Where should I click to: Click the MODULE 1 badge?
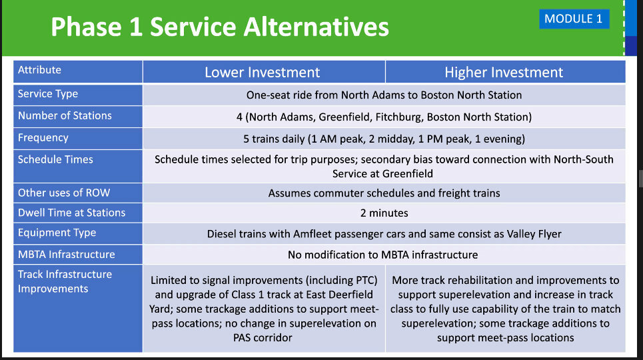coord(574,19)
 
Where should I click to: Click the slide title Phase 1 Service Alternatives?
coord(220,27)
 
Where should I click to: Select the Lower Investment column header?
coord(262,72)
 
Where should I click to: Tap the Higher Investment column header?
coord(504,72)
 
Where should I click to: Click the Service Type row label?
coord(47,93)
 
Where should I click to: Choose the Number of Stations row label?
coord(65,116)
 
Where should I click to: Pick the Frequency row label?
coord(43,137)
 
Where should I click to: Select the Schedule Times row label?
coord(55,159)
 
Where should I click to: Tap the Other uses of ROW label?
coord(64,193)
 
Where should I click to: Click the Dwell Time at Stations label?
coord(72,213)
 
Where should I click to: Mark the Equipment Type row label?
coord(57,233)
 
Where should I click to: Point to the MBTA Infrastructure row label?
coord(67,255)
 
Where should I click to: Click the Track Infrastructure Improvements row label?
coord(65,281)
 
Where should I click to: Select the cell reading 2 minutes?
coord(384,213)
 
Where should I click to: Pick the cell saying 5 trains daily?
coord(384,139)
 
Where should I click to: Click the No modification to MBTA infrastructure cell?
coord(382,255)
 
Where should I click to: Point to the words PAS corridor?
coord(263,338)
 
